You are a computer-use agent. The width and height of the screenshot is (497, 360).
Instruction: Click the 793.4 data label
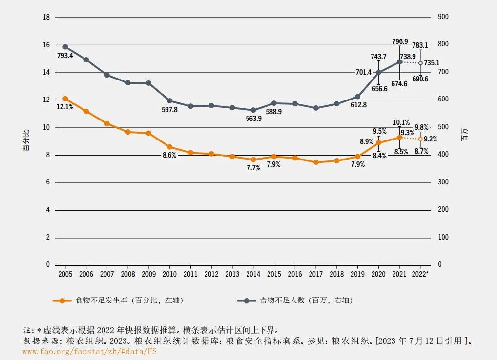point(65,56)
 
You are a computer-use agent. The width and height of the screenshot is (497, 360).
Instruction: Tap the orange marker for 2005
point(65,99)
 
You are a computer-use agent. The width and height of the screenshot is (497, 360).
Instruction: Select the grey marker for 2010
point(170,101)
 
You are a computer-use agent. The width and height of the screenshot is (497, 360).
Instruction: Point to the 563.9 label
point(253,119)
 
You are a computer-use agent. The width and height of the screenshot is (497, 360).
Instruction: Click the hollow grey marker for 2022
point(420,63)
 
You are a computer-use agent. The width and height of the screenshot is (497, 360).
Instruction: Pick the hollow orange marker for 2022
point(420,139)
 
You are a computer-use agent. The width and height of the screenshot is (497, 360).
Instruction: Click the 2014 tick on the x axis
point(253,274)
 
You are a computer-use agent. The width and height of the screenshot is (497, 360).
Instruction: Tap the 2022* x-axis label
point(421,274)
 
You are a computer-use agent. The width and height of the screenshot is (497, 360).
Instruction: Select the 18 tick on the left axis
point(47,17)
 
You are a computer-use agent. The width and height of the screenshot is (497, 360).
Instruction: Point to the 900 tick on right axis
point(443,17)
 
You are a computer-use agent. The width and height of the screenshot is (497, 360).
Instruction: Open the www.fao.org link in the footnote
point(90,351)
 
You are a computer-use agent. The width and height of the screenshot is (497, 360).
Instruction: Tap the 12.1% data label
point(65,107)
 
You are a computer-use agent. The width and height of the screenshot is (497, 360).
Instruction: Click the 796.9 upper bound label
point(400,41)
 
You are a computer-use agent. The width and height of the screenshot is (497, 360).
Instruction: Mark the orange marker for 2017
point(316,162)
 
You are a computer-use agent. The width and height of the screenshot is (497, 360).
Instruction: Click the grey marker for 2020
point(379,72)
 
